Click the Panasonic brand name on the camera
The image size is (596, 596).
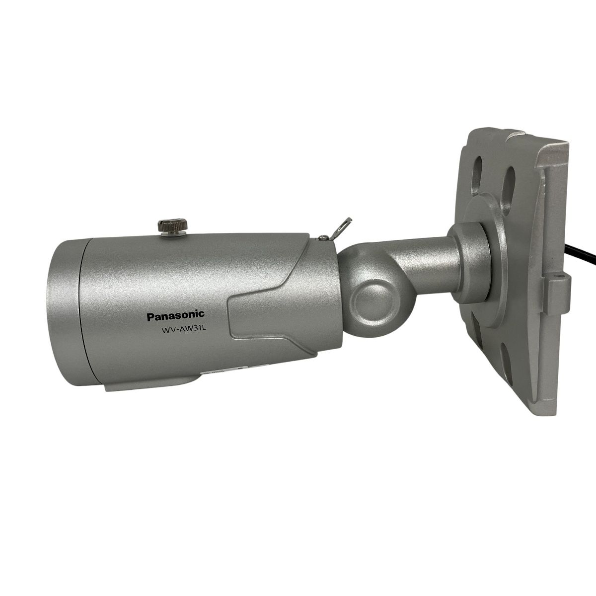(x=175, y=315)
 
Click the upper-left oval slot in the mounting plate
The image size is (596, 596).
(x=479, y=169)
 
